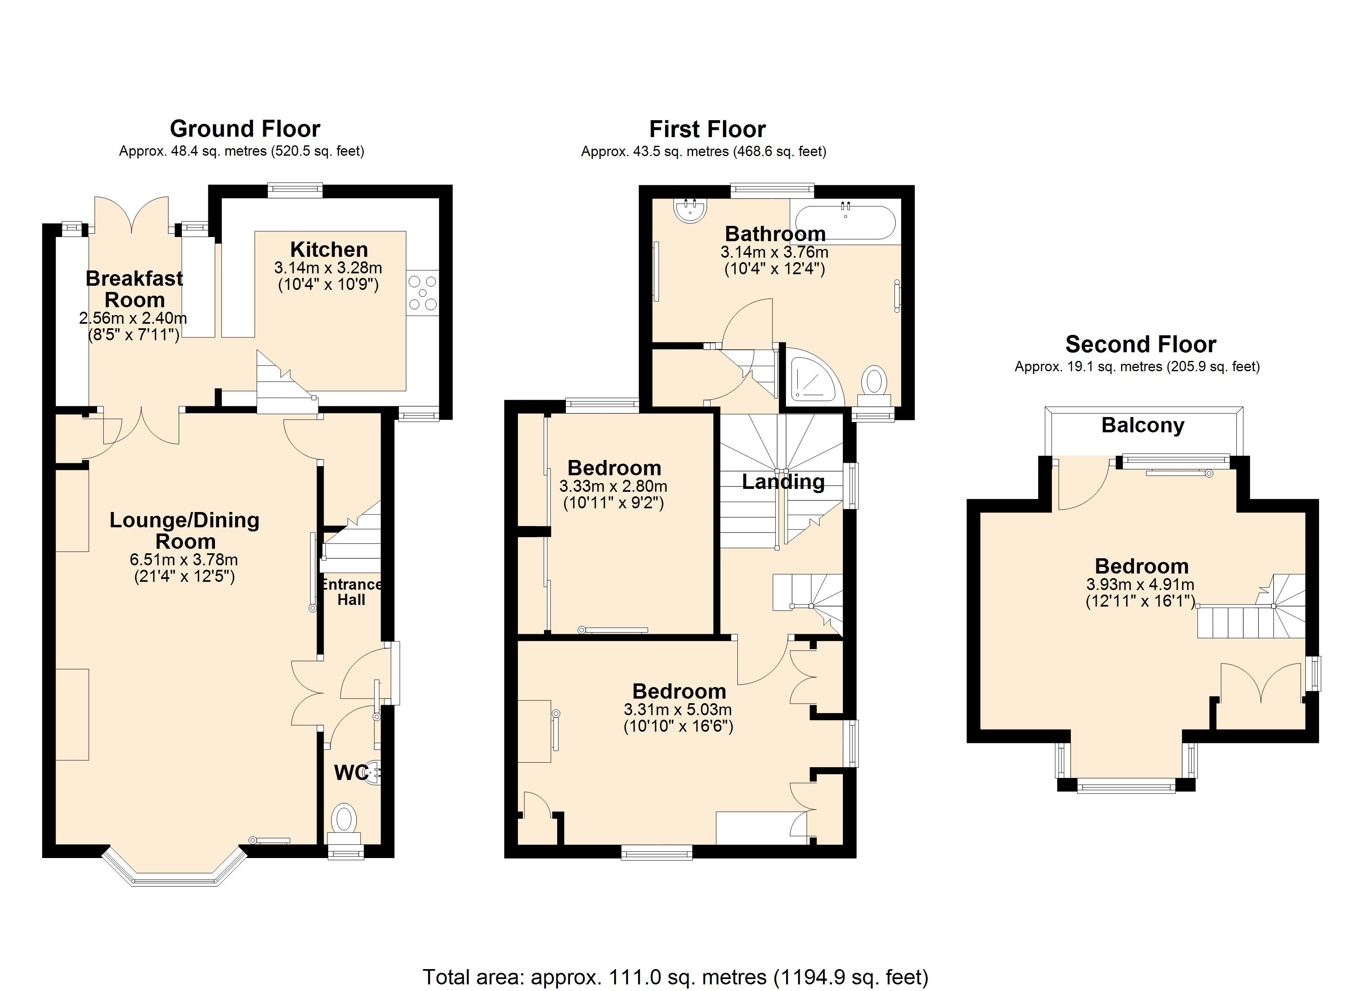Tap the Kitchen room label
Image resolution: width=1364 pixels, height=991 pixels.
click(329, 249)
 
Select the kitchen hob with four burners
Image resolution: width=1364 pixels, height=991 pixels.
click(423, 293)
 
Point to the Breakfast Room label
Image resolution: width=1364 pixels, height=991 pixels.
click(134, 289)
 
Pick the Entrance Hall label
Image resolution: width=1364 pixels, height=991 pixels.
click(351, 592)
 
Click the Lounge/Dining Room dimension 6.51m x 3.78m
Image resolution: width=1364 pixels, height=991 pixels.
click(184, 560)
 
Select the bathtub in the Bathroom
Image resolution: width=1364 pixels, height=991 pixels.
click(846, 223)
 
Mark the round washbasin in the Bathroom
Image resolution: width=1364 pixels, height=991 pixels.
click(691, 210)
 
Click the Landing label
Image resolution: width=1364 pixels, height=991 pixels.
click(783, 481)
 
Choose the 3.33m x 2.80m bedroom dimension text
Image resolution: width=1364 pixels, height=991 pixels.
click(613, 486)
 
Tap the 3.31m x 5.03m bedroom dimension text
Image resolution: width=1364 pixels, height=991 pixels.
click(678, 709)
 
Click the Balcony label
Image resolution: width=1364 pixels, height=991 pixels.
click(1143, 425)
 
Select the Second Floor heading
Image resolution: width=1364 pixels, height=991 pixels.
click(1141, 344)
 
